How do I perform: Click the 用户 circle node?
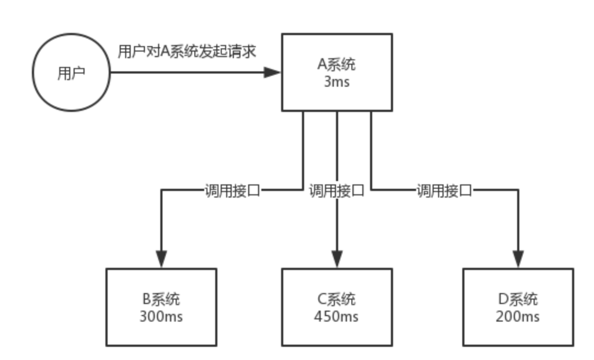pos(71,72)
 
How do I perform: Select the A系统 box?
pos(337,72)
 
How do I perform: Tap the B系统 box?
pos(161,307)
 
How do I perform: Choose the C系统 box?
pos(337,307)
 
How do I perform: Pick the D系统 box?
pos(517,307)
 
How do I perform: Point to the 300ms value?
pos(161,317)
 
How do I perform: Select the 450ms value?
pos(337,317)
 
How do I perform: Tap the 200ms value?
pos(517,317)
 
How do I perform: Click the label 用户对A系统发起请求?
pos(187,53)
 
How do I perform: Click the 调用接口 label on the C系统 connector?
pos(337,191)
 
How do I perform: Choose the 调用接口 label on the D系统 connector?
pos(444,191)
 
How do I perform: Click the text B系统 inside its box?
pos(161,300)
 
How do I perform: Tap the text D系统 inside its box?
pos(517,300)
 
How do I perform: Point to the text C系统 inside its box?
pos(337,300)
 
